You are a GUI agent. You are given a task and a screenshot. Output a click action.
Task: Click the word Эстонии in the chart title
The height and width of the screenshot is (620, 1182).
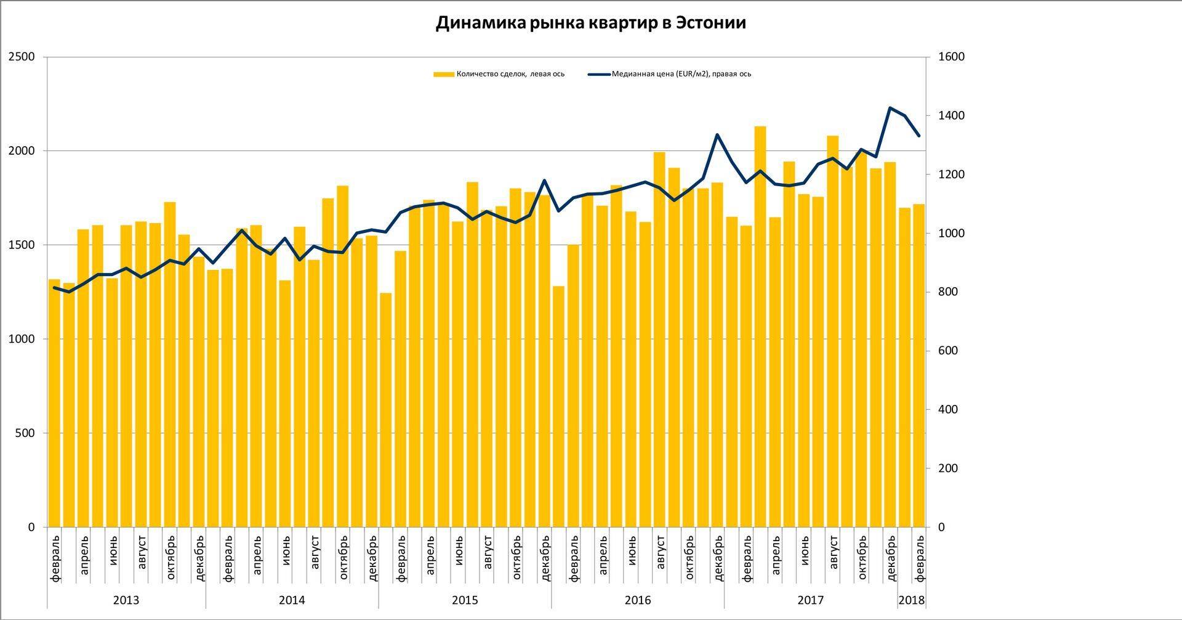(x=710, y=23)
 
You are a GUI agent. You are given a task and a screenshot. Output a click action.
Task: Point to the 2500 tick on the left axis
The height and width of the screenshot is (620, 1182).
(x=22, y=57)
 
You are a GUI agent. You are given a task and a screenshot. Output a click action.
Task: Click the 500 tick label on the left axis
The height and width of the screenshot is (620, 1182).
(x=25, y=433)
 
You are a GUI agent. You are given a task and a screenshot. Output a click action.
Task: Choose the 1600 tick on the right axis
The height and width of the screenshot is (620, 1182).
(x=951, y=57)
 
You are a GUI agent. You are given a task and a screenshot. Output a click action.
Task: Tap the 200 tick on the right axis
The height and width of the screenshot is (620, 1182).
(x=948, y=468)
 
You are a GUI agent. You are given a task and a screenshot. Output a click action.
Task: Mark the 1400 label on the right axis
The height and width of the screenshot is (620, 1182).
(x=951, y=116)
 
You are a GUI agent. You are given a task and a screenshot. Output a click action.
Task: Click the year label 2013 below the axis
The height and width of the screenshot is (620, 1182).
(x=126, y=600)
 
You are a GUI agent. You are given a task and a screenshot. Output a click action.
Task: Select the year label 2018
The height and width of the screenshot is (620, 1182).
(x=911, y=600)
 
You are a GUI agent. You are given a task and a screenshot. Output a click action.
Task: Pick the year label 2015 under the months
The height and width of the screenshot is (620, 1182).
(x=465, y=600)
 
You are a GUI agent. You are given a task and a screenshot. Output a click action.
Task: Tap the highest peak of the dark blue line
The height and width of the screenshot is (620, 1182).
(x=890, y=108)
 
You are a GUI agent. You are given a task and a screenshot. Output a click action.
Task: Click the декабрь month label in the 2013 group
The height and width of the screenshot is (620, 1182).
(x=199, y=558)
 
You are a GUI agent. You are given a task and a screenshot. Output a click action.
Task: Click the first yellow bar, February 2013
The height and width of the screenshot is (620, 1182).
(x=54, y=401)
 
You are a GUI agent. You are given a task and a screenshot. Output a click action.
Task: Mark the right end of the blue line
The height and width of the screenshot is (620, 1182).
(x=919, y=136)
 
